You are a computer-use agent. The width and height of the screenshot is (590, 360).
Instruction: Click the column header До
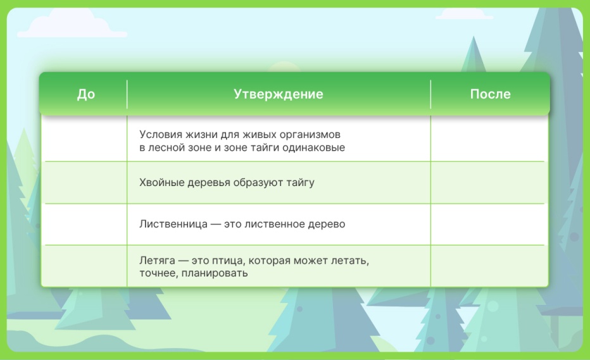point(86,94)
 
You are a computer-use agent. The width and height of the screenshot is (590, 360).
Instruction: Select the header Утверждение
point(279,94)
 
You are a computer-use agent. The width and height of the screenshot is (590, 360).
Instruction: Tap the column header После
point(490,94)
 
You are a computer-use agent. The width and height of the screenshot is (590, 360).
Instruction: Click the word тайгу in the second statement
point(300,183)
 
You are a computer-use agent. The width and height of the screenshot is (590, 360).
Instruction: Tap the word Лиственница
point(173,224)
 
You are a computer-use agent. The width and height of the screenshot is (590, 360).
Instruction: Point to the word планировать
point(215,273)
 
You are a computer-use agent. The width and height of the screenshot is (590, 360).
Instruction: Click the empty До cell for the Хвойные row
point(86,183)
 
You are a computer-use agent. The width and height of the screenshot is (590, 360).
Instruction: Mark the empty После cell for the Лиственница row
point(487,225)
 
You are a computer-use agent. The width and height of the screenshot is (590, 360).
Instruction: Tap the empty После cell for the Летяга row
point(487,266)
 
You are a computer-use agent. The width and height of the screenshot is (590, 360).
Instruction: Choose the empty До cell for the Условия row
point(86,139)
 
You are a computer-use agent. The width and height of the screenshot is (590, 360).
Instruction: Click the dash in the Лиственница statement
point(216,225)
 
